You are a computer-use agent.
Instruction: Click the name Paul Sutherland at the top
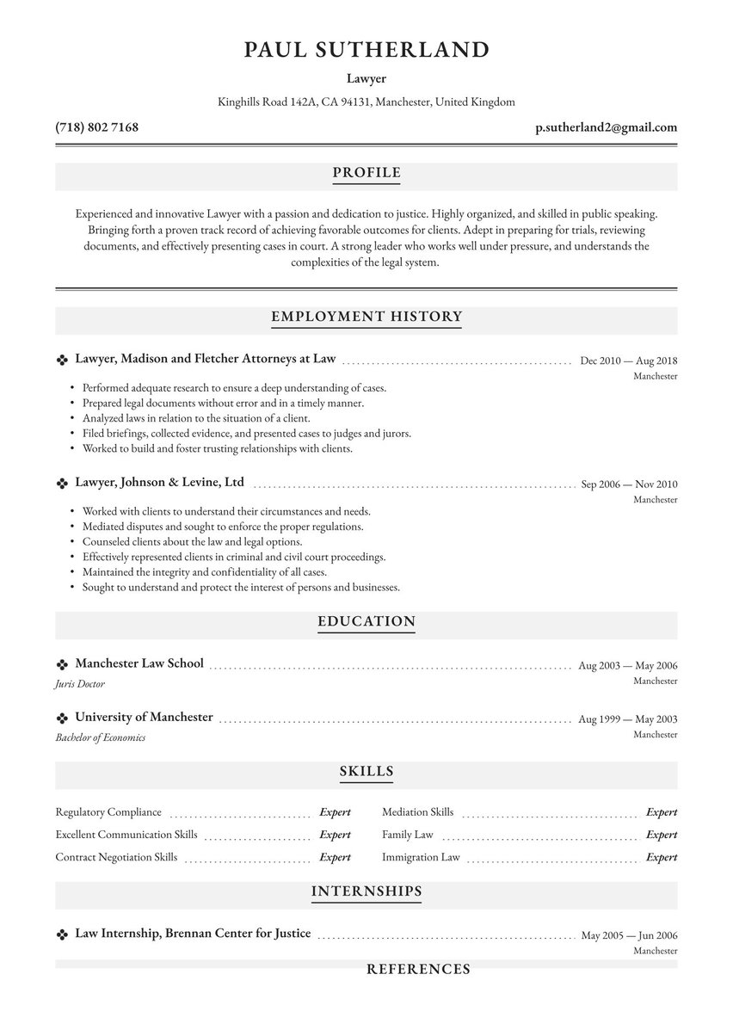(366, 49)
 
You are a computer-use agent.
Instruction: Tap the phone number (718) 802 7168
(96, 127)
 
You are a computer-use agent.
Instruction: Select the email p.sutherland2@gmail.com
(606, 127)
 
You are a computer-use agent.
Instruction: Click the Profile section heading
(366, 173)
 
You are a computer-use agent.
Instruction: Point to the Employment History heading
(366, 317)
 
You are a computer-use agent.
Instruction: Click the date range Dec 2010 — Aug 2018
(628, 361)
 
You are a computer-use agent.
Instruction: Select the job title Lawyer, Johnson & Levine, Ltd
(160, 483)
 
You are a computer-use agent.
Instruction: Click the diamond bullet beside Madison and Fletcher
(62, 360)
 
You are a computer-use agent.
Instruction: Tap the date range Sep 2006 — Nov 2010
(629, 484)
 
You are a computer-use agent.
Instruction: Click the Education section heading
(366, 621)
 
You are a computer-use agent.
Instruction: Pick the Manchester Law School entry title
(139, 663)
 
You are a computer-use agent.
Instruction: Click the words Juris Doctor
(80, 684)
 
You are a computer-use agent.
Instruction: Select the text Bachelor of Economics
(101, 737)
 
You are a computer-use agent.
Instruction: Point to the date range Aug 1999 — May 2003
(628, 719)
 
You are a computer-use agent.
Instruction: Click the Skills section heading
(366, 771)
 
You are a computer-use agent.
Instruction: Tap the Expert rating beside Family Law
(662, 835)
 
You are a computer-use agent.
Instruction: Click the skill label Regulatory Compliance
(108, 812)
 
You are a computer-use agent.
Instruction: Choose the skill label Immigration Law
(421, 858)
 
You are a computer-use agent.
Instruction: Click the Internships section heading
(366, 891)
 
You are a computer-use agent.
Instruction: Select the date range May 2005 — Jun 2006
(629, 935)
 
